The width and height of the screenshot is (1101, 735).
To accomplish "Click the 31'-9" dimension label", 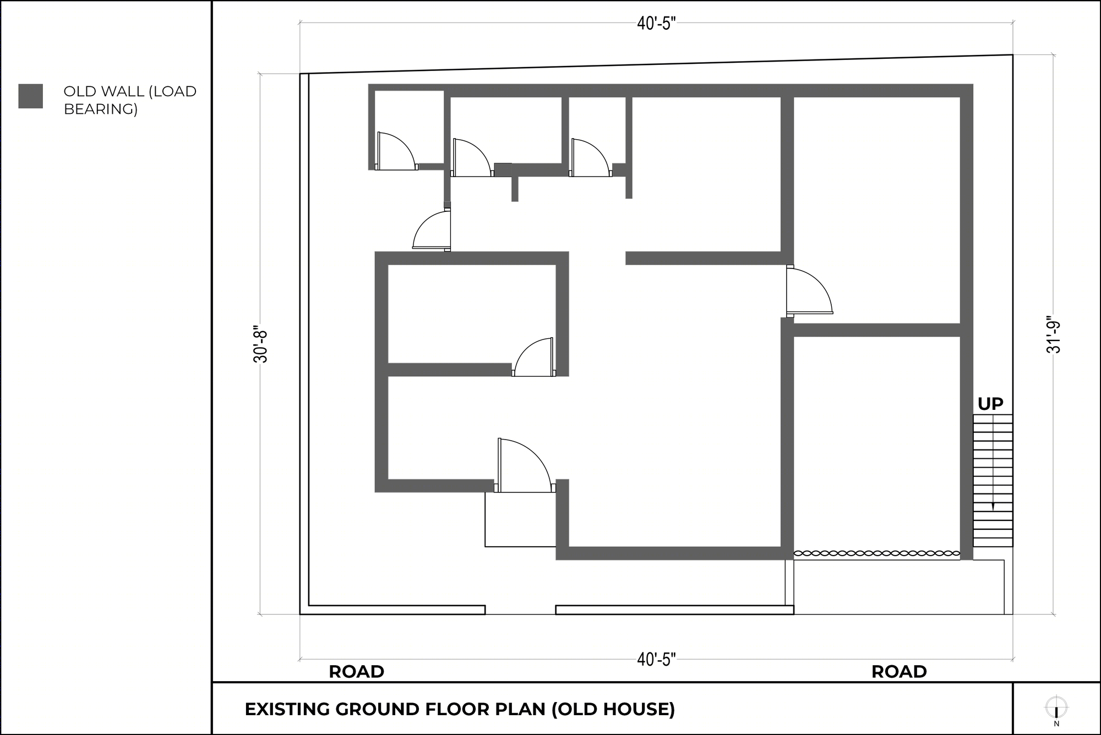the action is [1053, 334].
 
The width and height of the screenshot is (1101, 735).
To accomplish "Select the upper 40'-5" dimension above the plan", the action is [656, 24].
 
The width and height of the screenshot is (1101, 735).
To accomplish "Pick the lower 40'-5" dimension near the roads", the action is [656, 659].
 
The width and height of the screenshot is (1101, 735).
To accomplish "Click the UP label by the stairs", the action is [990, 404].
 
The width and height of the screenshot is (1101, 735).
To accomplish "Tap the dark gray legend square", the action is [31, 96].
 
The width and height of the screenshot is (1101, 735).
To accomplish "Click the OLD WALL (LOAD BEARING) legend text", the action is [130, 100].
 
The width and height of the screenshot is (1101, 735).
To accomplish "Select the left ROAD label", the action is [356, 672].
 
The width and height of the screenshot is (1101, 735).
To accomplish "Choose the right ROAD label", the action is [899, 672].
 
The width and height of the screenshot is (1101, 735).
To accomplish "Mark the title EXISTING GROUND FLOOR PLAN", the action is [460, 709].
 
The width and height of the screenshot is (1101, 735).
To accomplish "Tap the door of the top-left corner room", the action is [395, 151].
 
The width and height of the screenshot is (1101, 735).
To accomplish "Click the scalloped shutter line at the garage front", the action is [876, 553].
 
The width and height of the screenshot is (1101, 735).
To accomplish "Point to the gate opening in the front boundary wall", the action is [520, 610].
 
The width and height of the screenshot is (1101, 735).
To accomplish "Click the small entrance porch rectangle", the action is [520, 519].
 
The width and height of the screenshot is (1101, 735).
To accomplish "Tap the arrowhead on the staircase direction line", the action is [993, 507].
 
